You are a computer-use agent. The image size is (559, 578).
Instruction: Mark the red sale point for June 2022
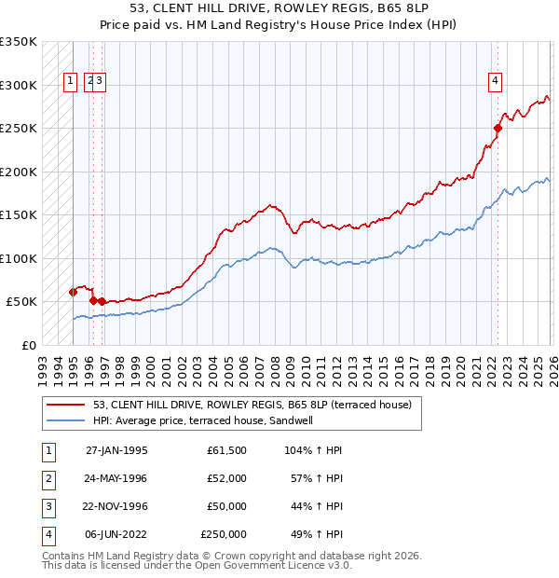pyautogui.click(x=498, y=129)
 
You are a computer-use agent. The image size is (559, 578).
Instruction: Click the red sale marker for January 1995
pyautogui.click(x=74, y=292)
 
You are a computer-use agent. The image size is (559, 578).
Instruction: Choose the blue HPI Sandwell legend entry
pyautogui.click(x=215, y=420)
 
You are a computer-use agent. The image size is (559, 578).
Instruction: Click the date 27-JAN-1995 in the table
pyautogui.click(x=116, y=450)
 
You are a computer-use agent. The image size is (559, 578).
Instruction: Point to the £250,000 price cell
pyautogui.click(x=224, y=534)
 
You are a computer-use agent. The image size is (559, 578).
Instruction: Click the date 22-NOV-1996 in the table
pyautogui.click(x=116, y=506)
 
